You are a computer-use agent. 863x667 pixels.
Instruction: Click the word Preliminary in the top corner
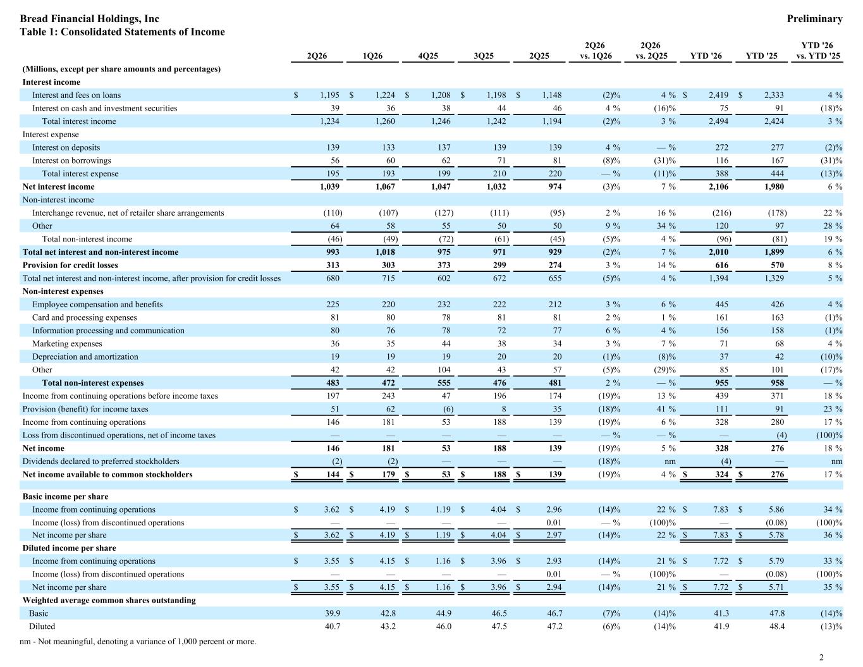point(814,19)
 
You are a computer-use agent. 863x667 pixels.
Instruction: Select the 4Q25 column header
point(428,56)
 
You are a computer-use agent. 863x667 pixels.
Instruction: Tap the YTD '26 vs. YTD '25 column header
point(818,51)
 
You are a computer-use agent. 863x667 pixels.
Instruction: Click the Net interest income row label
point(58,187)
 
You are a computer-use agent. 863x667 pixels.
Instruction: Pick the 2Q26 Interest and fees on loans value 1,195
point(329,95)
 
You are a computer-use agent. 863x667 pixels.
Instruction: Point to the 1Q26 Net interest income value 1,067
point(385,187)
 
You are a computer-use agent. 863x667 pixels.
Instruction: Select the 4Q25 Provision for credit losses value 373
point(444,265)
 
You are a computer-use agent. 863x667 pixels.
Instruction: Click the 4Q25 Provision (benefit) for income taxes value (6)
point(448,409)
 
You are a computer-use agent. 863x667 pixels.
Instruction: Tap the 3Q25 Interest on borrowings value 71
point(501,161)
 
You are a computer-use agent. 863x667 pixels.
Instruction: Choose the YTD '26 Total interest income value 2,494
point(718,121)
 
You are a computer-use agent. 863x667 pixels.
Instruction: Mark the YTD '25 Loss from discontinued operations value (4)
point(781,435)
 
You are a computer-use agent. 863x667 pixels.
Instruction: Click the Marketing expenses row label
point(67,343)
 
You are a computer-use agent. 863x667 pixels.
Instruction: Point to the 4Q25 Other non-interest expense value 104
point(444,370)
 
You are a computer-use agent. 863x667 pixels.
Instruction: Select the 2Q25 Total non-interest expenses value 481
point(555,382)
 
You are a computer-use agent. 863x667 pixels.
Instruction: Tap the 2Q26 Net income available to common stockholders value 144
point(333,474)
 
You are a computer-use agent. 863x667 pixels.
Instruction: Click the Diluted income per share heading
point(69,548)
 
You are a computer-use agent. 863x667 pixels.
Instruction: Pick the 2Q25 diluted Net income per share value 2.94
point(554,587)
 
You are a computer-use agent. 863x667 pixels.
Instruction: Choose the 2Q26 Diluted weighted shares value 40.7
point(333,626)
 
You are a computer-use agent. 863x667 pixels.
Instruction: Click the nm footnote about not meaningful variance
point(138,641)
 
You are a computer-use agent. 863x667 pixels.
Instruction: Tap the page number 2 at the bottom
point(821,658)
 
